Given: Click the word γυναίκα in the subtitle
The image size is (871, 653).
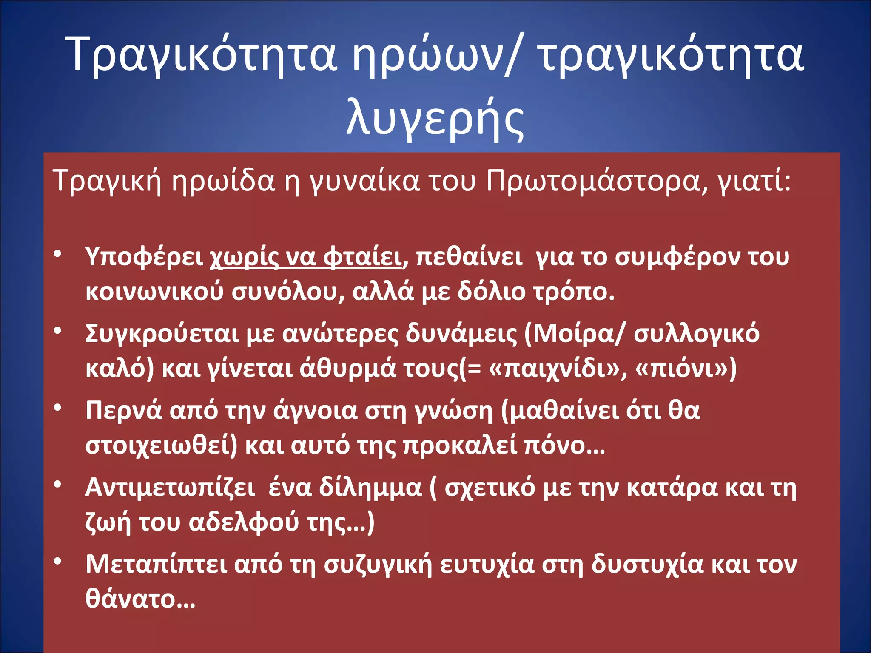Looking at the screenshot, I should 364,181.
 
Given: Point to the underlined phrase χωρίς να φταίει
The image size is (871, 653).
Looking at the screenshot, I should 306,257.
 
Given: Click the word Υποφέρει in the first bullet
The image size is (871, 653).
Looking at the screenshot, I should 144,257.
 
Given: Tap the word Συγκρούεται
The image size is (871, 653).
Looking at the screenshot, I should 162,333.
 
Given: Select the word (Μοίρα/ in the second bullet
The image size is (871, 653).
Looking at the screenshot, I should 575,333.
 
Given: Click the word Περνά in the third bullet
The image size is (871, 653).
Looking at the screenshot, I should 124,411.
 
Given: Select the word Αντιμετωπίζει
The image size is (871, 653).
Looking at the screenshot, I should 170,487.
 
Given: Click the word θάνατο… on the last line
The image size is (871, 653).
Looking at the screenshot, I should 140,599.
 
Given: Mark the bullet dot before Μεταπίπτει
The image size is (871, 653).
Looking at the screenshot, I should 58,562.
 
